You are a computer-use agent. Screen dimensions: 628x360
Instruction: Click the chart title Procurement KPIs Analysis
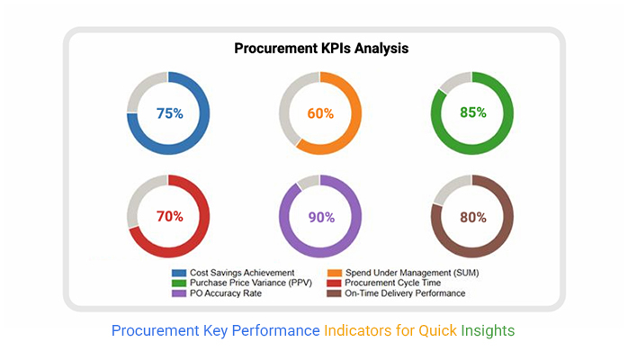pos(321,49)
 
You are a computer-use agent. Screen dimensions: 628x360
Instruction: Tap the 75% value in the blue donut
pos(170,113)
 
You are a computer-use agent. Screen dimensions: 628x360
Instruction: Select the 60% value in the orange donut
pos(320,113)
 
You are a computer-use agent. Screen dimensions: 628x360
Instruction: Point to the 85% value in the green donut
pos(473,112)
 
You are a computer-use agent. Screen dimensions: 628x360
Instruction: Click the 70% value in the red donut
pos(170,217)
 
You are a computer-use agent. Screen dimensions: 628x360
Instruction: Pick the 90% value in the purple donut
pos(321,218)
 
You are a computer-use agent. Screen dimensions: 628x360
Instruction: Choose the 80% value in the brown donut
pos(473,218)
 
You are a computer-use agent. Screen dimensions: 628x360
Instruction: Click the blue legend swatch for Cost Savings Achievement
pos(179,273)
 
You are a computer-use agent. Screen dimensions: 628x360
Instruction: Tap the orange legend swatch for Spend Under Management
pos(335,273)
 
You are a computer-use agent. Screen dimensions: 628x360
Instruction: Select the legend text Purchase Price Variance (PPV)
pos(251,283)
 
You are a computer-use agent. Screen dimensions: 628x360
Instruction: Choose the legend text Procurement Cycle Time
pos(392,283)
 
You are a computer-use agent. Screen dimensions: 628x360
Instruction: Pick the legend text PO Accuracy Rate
pos(226,293)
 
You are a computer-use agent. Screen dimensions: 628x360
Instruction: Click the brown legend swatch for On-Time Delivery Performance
pos(334,293)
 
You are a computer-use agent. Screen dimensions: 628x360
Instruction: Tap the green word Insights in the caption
pos(488,331)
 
